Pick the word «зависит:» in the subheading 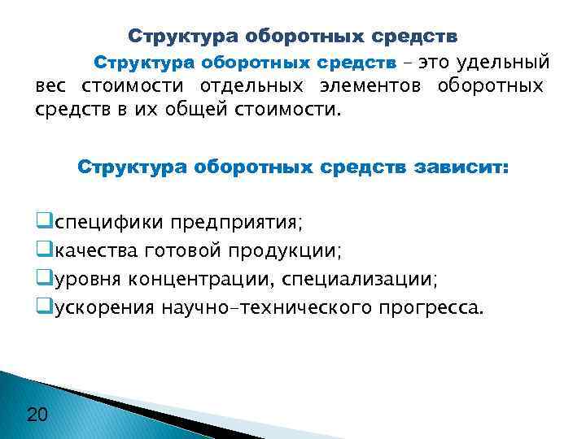pos(461,168)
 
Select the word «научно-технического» pos(268,309)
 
